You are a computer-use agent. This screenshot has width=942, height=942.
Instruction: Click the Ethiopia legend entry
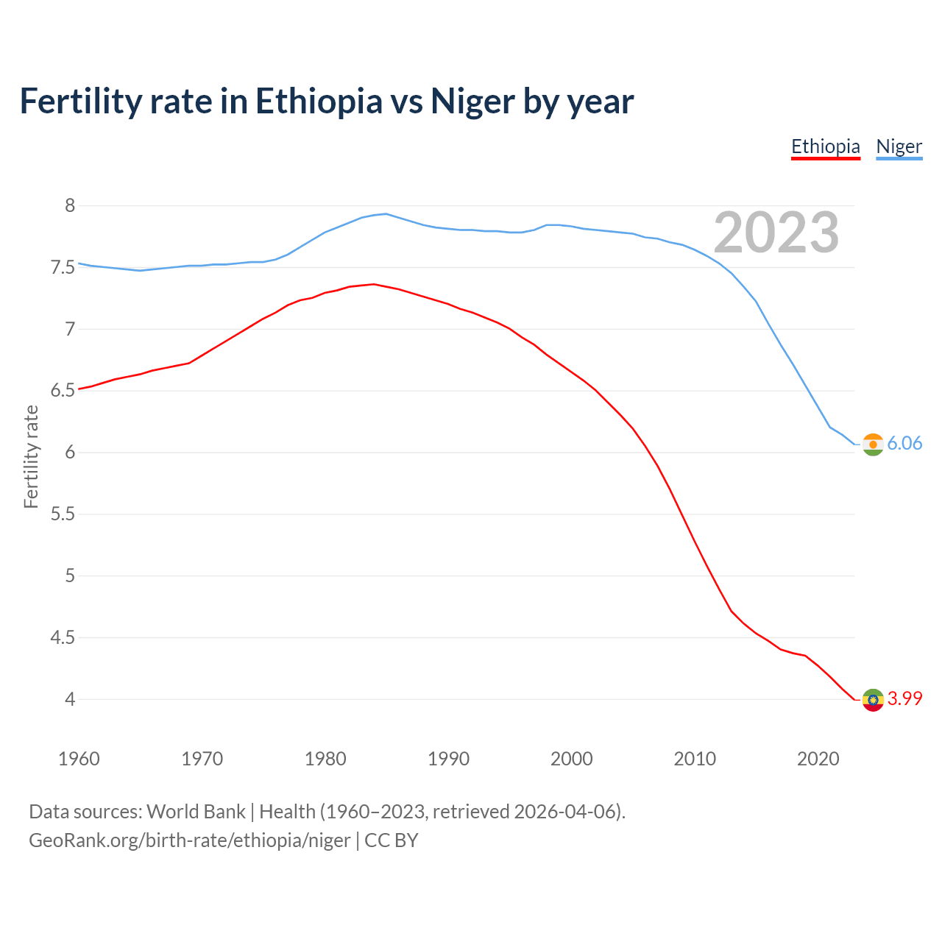coord(825,146)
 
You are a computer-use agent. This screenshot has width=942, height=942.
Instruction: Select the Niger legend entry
coord(899,146)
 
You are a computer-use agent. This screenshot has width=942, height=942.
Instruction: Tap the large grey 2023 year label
coord(776,233)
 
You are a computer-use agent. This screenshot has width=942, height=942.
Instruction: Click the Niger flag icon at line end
coord(873,445)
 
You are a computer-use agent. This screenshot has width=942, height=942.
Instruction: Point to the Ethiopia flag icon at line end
coord(873,700)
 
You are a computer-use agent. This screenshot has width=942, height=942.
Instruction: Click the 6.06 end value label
coord(904,443)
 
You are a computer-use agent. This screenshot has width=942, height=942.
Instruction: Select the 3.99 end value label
coord(904,698)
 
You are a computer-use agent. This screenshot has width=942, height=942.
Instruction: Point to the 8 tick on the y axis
coord(70,205)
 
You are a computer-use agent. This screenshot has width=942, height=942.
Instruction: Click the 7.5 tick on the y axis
coord(63,267)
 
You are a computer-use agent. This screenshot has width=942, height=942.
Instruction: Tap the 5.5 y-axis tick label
coord(63,514)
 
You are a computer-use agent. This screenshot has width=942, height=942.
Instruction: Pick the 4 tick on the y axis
coord(70,699)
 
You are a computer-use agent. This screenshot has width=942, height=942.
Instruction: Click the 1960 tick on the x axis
coord(79,759)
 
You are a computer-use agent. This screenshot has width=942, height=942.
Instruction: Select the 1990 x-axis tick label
coord(448,759)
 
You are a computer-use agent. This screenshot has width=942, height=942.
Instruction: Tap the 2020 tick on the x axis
coord(818,759)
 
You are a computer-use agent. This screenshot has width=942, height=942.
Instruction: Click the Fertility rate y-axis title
coord(31,456)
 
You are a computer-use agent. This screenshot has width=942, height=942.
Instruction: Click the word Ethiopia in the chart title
coord(319,102)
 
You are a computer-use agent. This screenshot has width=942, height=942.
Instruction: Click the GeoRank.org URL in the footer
coord(189,840)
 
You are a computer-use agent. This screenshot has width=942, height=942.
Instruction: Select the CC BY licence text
coord(392,840)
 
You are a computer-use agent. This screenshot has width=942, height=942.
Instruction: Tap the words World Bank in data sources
coord(196,812)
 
